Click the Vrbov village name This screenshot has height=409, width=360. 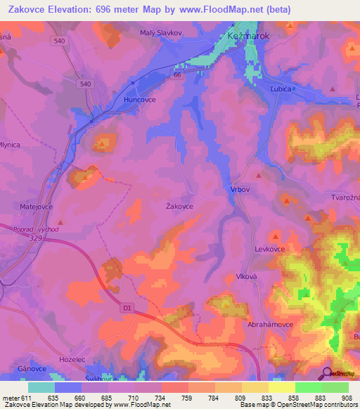pos(240,190)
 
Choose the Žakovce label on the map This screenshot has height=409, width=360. pos(179,206)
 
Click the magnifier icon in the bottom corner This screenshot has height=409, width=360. pos(328,372)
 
